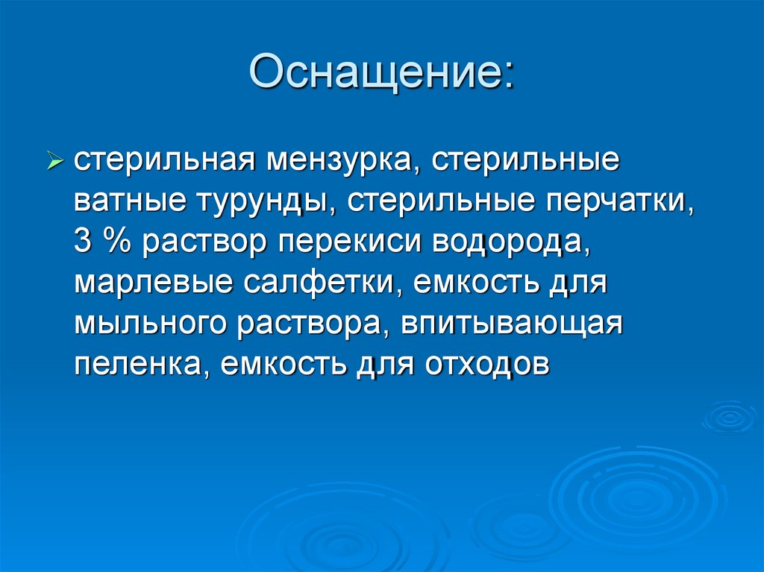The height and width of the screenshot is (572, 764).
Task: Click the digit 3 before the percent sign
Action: (81, 242)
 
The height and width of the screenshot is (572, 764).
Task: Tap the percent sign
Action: (116, 242)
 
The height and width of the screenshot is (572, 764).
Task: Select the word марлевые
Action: (152, 283)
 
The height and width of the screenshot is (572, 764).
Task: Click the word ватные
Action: (131, 201)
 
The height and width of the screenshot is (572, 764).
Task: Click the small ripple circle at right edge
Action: (729, 417)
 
